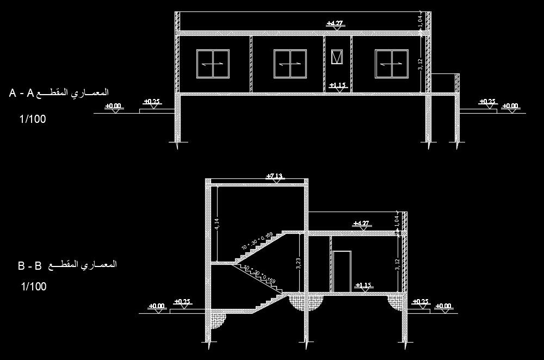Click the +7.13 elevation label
click(276, 176)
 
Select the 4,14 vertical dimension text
click(217, 224)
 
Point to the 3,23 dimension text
click(299, 264)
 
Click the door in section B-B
click(342, 271)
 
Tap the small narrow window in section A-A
click(337, 57)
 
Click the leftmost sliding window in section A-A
click(213, 64)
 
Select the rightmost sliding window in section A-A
click(391, 64)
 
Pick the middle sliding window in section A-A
click(290, 64)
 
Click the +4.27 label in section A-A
click(334, 23)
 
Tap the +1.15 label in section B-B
click(362, 285)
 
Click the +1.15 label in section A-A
click(338, 85)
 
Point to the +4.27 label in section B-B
click(361, 223)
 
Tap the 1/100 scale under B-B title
click(34, 287)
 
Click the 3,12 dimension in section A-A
click(421, 65)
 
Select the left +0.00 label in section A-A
click(113, 105)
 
